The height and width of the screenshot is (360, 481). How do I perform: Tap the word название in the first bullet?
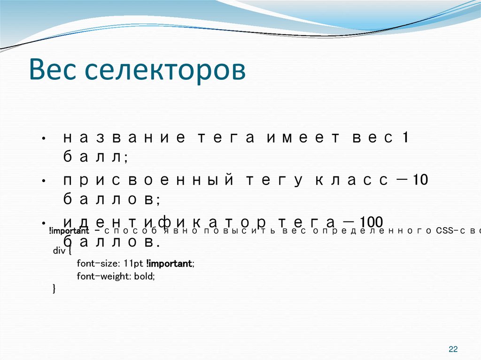(x=123, y=138)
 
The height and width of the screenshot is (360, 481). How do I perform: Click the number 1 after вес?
(x=405, y=138)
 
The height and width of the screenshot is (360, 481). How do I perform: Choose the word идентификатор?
(x=164, y=222)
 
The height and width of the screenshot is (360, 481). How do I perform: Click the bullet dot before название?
(x=43, y=139)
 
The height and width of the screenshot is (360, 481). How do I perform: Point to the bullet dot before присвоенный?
(x=43, y=182)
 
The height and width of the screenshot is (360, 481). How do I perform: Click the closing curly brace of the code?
(x=54, y=289)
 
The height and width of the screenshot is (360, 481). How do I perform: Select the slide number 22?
(x=453, y=349)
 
